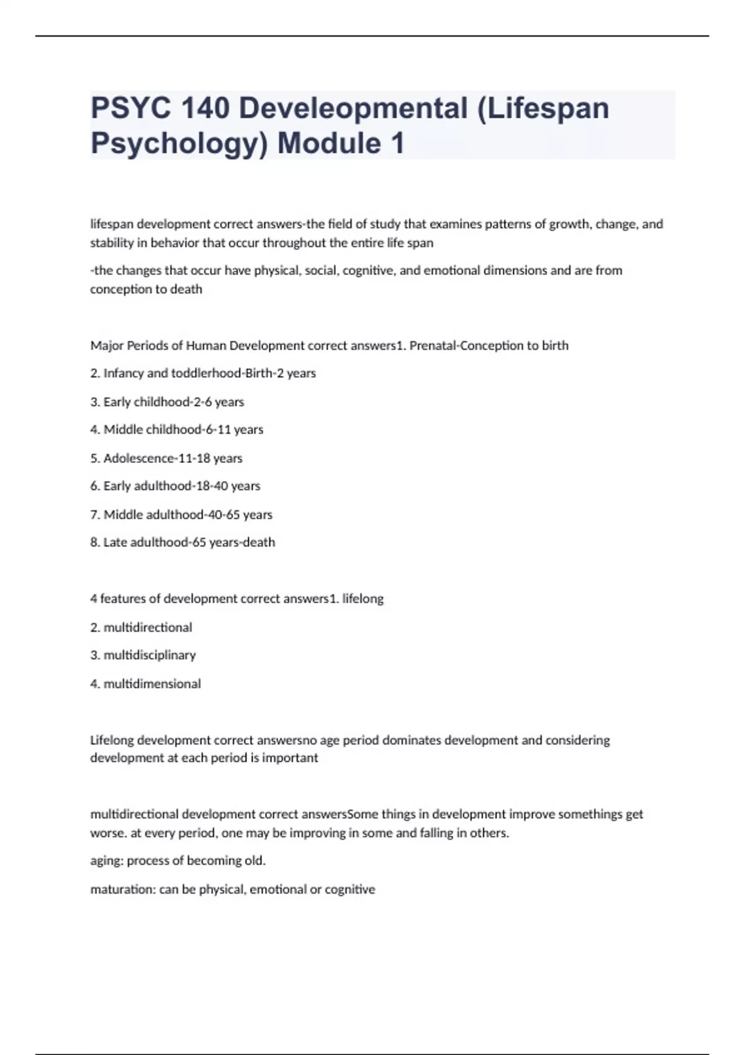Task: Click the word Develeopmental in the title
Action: click(x=353, y=108)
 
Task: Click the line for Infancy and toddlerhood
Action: click(x=203, y=373)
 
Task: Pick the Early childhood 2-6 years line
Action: click(x=167, y=402)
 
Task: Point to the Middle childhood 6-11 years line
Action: click(x=177, y=429)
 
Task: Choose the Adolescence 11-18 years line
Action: click(x=166, y=458)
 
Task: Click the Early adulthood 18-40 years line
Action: click(x=175, y=486)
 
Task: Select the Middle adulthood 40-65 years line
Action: click(x=181, y=514)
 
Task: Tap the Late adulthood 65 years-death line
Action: click(x=183, y=542)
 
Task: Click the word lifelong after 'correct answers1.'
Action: click(x=363, y=599)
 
